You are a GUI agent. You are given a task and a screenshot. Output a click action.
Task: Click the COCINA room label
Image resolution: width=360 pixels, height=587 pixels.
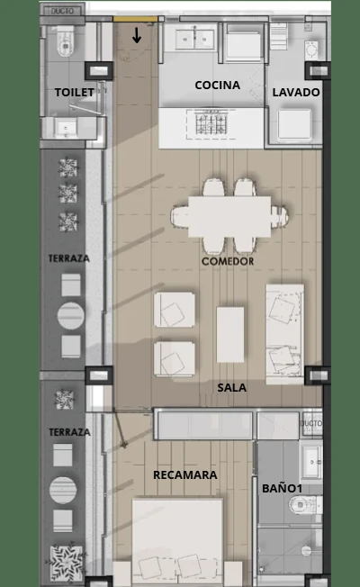coord(218,85)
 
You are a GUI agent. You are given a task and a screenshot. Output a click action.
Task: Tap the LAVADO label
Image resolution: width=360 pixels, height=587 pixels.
coord(296,93)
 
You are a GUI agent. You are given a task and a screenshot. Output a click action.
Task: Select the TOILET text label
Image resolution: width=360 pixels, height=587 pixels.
coord(75,92)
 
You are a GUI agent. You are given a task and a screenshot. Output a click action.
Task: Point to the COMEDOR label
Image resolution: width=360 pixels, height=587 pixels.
coord(228,261)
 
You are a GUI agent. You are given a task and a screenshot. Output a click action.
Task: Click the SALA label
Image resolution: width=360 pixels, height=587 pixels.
coord(232,387)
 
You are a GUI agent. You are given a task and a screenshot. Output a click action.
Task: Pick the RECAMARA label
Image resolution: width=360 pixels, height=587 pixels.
coord(185,474)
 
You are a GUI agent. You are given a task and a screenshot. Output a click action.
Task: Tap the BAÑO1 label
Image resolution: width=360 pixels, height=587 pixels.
coord(283,488)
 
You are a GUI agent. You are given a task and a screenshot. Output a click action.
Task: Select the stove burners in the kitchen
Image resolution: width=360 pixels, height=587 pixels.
coord(211,123)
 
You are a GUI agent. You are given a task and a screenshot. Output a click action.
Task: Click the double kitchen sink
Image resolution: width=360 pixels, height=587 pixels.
coord(194,39)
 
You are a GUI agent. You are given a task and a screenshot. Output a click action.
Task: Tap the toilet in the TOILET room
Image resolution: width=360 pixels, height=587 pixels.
coord(66,43)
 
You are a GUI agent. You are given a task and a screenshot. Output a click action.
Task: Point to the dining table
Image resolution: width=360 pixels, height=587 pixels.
coord(229,217)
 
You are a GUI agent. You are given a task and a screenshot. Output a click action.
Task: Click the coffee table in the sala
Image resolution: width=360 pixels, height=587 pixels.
coord(230,335)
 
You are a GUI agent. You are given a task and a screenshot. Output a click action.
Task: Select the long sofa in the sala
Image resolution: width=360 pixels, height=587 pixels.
coord(284,334)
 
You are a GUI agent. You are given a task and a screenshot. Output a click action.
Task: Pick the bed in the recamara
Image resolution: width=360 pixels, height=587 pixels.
coord(178,542)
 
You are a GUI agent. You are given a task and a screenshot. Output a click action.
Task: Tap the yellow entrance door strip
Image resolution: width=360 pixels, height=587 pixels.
coord(135,19)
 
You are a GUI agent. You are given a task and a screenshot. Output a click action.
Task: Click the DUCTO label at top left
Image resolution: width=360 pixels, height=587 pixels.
coord(62,11)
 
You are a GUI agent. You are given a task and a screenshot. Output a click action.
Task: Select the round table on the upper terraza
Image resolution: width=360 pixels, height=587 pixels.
coord(71,316)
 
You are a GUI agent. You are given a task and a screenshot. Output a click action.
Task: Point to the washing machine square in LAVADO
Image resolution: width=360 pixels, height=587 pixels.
coord(294,124)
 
